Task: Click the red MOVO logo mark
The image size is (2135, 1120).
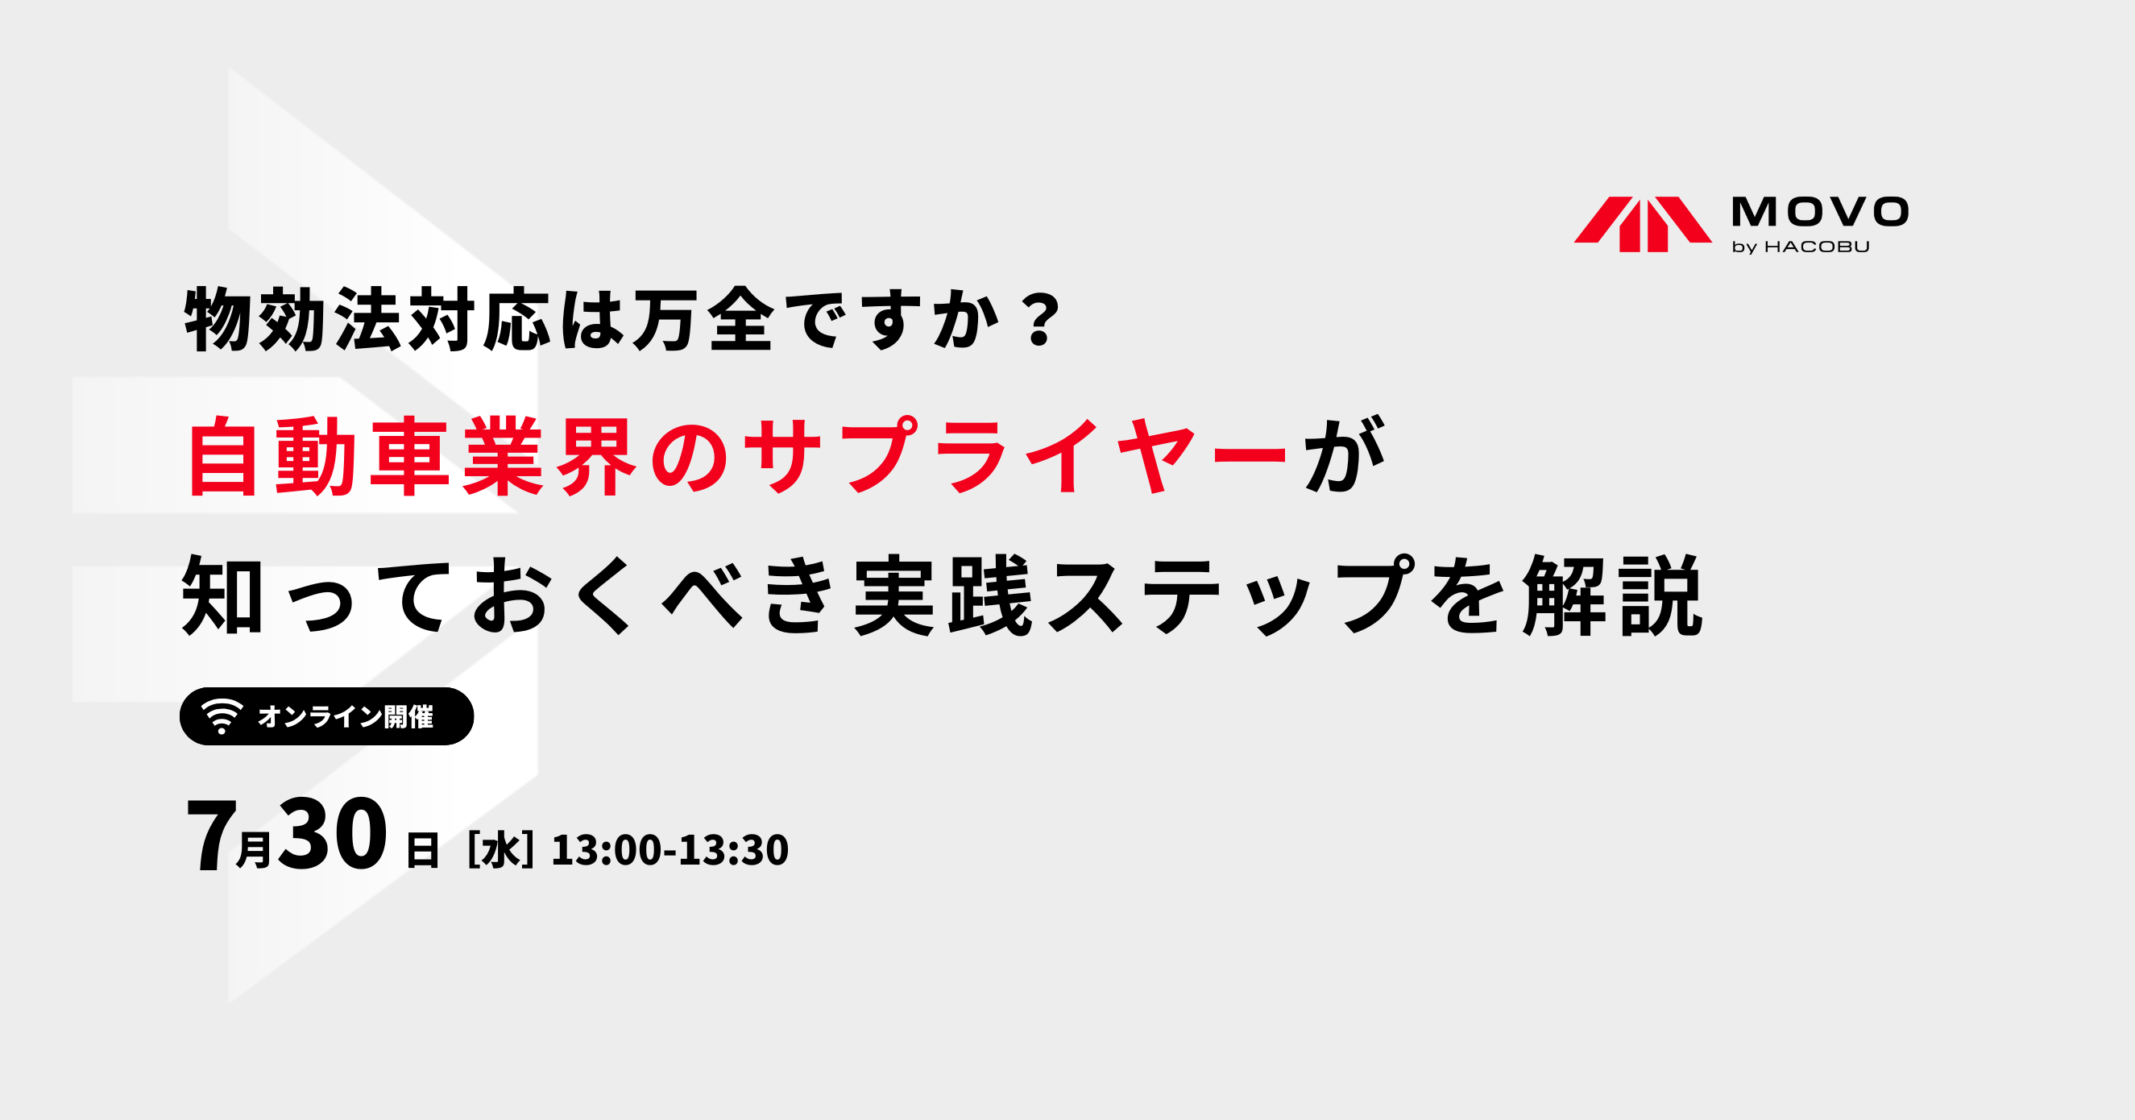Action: (1642, 224)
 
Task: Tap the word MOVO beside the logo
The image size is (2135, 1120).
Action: (1820, 212)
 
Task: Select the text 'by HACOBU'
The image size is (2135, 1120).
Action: (1801, 247)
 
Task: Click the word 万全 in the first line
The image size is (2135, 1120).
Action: (703, 320)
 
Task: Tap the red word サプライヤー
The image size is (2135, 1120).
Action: (1015, 457)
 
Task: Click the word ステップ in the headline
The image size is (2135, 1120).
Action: (1232, 596)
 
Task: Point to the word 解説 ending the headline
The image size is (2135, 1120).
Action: (1613, 596)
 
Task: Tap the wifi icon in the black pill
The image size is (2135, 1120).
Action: (222, 716)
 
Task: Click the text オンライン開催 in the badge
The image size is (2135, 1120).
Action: (346, 716)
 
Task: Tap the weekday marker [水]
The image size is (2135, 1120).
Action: (500, 851)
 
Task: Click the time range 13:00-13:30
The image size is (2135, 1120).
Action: (670, 851)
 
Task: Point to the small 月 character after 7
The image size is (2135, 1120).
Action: (254, 851)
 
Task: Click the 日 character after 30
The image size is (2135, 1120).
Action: (423, 852)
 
